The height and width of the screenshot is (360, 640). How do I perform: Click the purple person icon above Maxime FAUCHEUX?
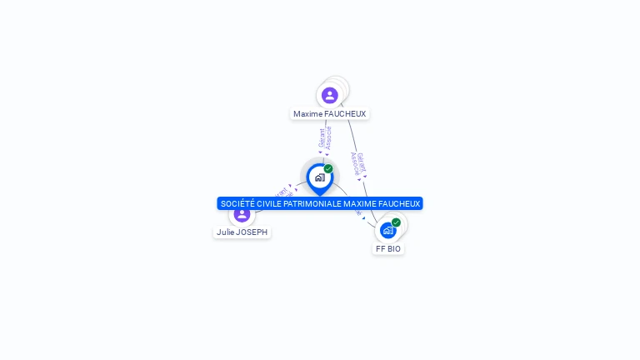(330, 95)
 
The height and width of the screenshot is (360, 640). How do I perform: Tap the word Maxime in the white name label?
(307, 114)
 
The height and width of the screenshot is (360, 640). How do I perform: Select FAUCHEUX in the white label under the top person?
(345, 114)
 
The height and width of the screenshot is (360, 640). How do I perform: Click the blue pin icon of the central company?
(319, 177)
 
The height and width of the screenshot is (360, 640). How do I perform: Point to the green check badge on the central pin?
(328, 169)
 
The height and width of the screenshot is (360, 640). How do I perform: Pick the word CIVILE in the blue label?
(269, 203)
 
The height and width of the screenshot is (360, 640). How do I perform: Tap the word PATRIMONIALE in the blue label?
(313, 203)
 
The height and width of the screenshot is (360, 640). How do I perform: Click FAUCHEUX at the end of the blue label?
(401, 203)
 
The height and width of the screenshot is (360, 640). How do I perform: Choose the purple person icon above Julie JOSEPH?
(242, 214)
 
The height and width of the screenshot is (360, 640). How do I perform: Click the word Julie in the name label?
(225, 232)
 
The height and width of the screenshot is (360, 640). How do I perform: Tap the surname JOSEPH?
(252, 232)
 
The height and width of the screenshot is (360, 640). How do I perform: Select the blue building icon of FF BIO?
(388, 230)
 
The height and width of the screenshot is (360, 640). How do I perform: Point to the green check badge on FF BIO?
(396, 222)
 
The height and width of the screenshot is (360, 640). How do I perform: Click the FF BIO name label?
(388, 249)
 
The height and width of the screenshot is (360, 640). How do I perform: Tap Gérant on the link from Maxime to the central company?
(322, 137)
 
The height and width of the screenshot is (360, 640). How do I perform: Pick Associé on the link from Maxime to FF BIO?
(355, 163)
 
